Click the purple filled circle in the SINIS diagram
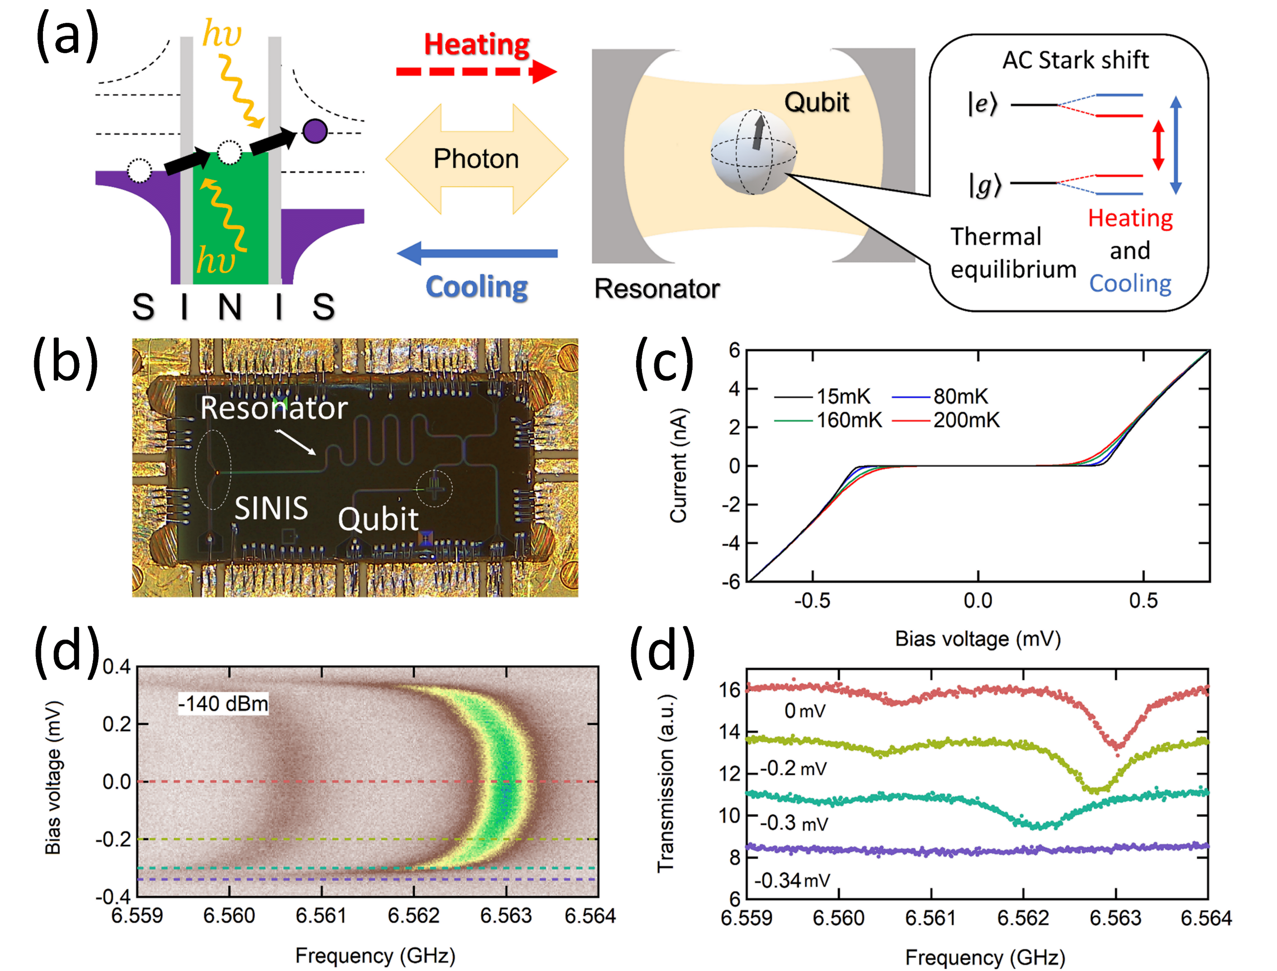(315, 131)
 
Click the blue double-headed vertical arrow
(1175, 145)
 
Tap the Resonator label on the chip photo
(273, 408)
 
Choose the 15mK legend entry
(843, 397)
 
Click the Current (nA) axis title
(678, 465)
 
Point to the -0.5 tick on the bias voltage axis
(812, 601)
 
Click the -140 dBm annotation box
(223, 703)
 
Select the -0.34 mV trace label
(792, 880)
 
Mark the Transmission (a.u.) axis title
(666, 783)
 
